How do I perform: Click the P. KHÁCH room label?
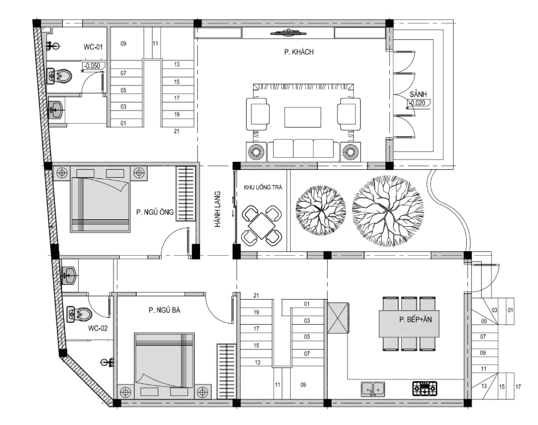point(299,52)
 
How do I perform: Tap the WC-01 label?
point(93,47)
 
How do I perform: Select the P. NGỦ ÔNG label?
point(155,212)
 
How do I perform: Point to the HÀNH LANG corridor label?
point(218,209)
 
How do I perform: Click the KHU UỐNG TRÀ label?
point(263,187)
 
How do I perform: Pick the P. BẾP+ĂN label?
point(415,320)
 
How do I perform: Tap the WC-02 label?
point(98,328)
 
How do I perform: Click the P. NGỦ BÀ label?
point(164,310)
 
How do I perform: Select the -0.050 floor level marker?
point(92,66)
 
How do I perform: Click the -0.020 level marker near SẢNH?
point(418,103)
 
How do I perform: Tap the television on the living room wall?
point(288,33)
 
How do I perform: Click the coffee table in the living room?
point(303,117)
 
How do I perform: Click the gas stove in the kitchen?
point(425,388)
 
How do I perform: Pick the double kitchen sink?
point(373,389)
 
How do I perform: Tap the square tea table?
point(262,226)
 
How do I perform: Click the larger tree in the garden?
point(388,211)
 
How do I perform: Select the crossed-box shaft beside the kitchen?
point(338,318)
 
